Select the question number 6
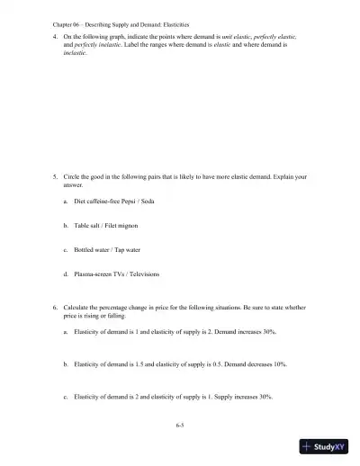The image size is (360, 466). pyautogui.click(x=56, y=308)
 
